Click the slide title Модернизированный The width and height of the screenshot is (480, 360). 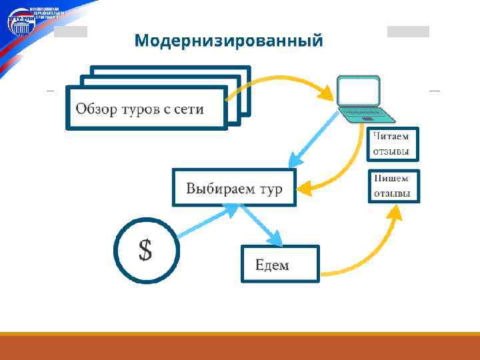(228, 41)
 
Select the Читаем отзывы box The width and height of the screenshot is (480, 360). (393, 144)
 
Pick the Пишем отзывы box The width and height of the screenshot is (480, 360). (393, 187)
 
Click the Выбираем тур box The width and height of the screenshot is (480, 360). (233, 188)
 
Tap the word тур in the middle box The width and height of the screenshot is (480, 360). (270, 189)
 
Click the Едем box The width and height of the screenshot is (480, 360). (280, 264)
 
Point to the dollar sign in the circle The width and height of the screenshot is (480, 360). (145, 251)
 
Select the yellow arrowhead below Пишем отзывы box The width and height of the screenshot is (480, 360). (396, 211)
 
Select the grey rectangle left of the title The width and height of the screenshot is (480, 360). (70, 32)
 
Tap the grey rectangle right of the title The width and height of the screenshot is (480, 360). (408, 31)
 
